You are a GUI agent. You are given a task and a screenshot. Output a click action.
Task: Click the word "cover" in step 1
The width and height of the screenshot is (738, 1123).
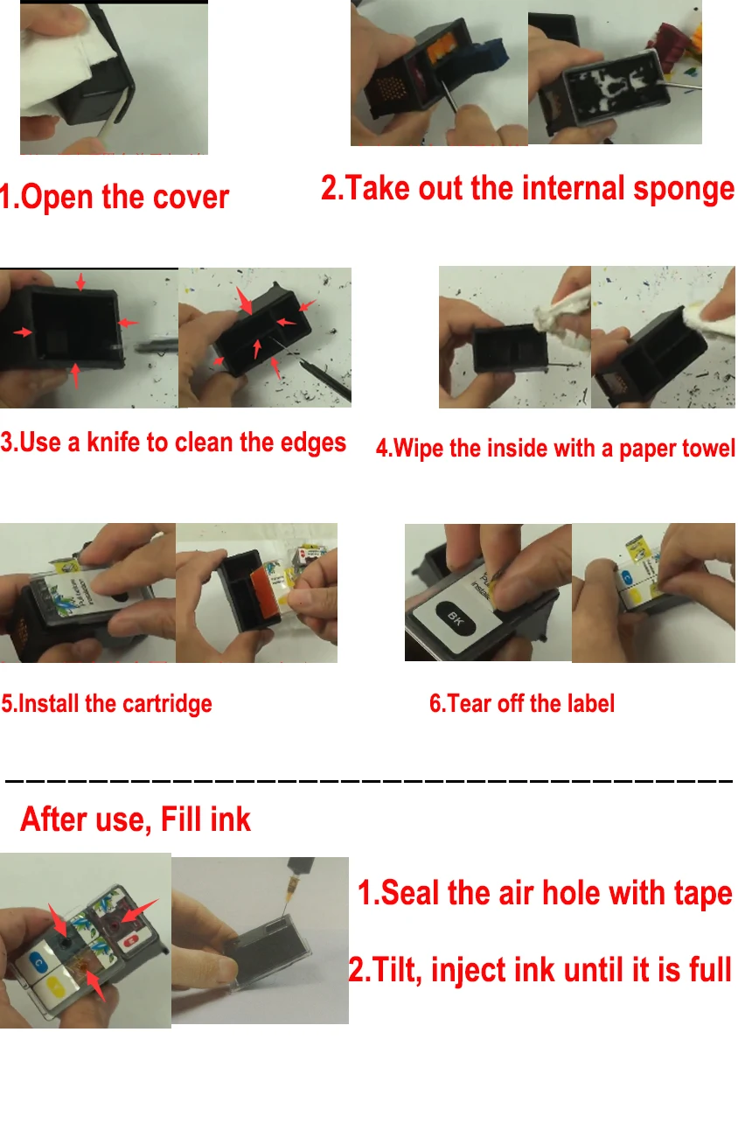click(x=191, y=199)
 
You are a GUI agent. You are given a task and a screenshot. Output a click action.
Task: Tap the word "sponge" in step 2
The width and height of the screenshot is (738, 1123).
click(x=684, y=189)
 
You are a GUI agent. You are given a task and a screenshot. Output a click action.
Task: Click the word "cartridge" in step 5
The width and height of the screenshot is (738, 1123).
click(x=165, y=703)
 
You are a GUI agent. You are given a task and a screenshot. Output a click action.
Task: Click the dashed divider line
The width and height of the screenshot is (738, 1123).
click(x=367, y=778)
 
